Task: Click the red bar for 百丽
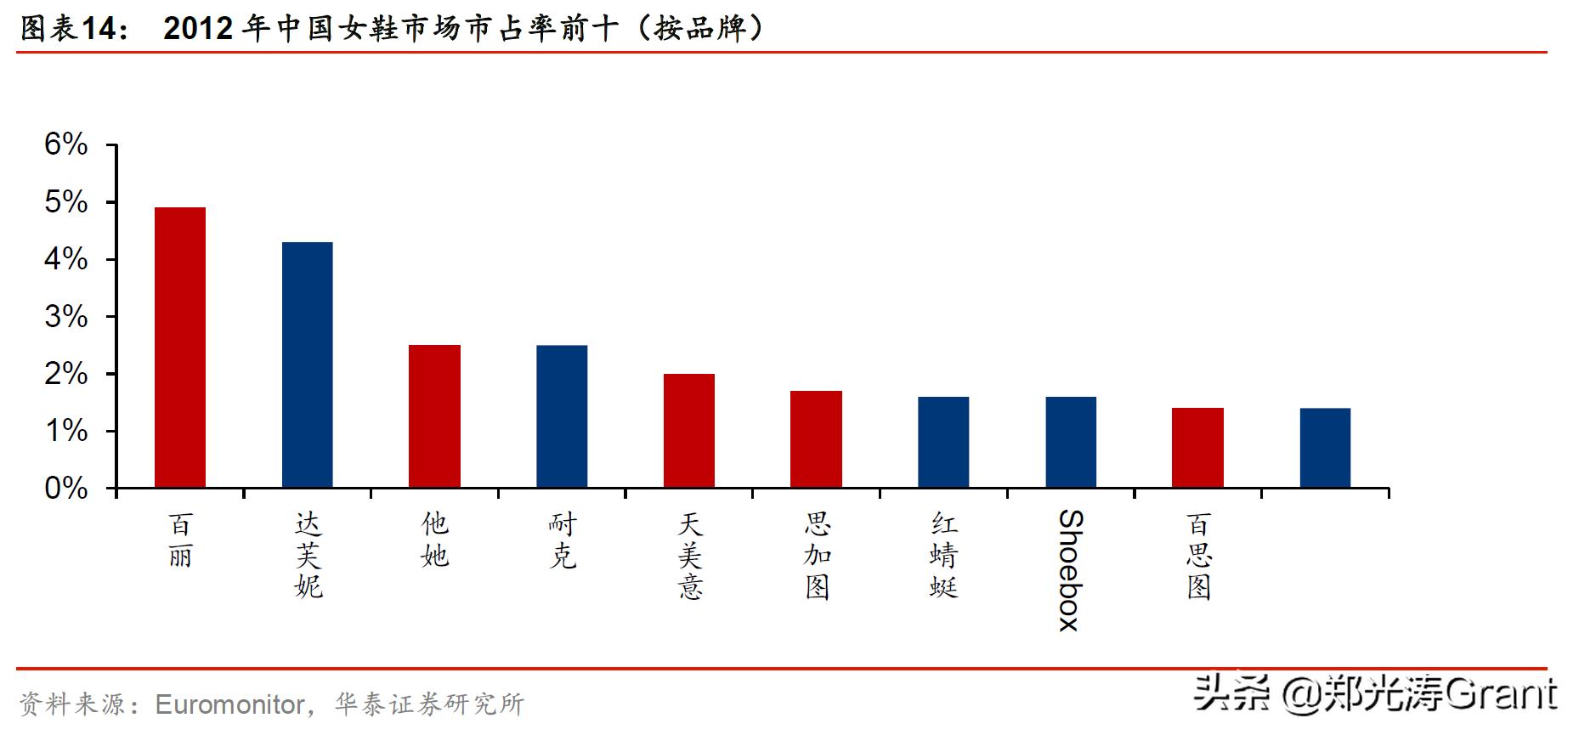(x=179, y=348)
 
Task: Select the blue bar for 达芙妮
(x=307, y=365)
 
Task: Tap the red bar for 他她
(x=434, y=416)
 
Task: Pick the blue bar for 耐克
(x=562, y=416)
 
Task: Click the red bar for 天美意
(x=689, y=431)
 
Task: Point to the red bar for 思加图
(x=816, y=439)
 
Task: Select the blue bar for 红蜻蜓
(x=943, y=442)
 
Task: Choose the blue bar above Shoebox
(x=1071, y=442)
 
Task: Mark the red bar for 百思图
(x=1197, y=448)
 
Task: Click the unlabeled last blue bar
(x=1325, y=448)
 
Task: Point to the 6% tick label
(x=66, y=144)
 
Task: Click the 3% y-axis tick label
(x=66, y=317)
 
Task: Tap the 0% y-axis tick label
(x=66, y=489)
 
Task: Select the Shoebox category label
(x=1070, y=570)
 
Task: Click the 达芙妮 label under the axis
(x=308, y=555)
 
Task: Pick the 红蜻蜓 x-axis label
(x=943, y=555)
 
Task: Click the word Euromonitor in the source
(x=229, y=704)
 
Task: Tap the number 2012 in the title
(x=198, y=29)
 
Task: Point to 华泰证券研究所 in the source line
(x=429, y=704)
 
